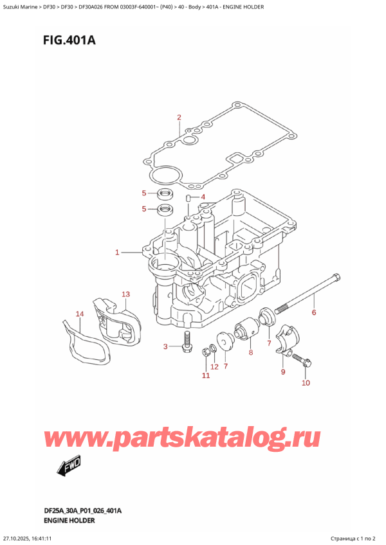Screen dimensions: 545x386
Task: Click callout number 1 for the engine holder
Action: (117, 253)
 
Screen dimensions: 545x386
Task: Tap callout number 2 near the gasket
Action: (179, 117)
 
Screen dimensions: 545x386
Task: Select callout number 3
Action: (165, 347)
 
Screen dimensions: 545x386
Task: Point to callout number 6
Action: (313, 313)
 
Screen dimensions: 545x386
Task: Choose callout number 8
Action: (251, 352)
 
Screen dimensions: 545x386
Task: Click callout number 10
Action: (306, 384)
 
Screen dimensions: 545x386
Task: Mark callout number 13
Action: (126, 294)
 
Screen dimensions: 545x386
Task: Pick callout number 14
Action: (80, 314)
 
